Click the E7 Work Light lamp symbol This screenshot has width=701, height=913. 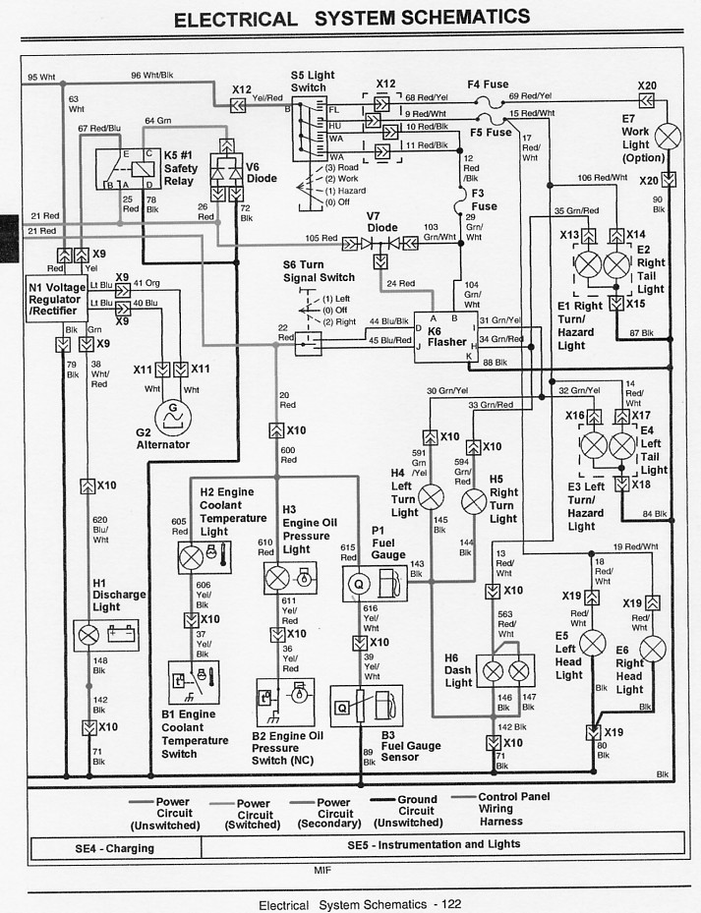668,137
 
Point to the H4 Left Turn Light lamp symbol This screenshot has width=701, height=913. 431,497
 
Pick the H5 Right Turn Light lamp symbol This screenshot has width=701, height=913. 474,501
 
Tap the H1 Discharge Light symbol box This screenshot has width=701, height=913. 107,634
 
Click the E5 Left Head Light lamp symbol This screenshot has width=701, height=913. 592,643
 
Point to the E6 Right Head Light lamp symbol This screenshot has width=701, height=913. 652,649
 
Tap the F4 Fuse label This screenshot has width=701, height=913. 488,85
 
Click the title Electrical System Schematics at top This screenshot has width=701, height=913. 351,18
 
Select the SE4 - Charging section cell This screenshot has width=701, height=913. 116,847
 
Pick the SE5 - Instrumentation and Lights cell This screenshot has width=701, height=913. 433,845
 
